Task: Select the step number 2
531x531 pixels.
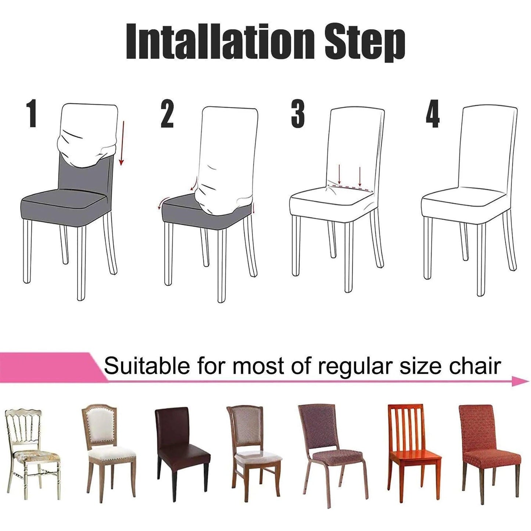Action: [167, 114]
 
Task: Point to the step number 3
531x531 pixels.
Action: [298, 114]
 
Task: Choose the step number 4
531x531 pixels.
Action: [433, 114]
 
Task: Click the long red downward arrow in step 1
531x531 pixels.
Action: [122, 143]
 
